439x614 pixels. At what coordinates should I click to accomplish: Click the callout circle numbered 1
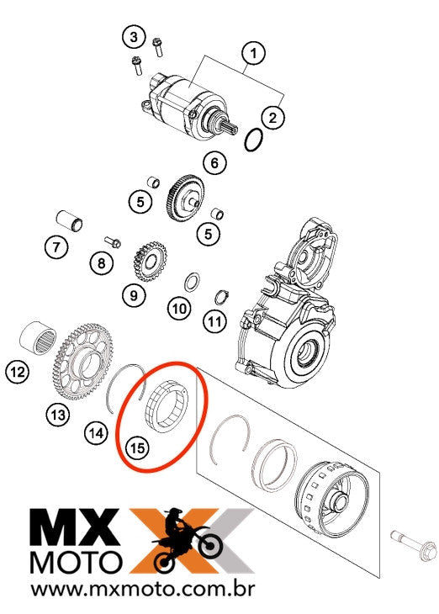(251, 54)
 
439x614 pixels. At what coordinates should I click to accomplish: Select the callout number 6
(214, 162)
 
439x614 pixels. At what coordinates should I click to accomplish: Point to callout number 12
(17, 369)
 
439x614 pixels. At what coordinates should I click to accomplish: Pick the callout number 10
(178, 309)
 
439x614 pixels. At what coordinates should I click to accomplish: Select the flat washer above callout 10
(191, 281)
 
